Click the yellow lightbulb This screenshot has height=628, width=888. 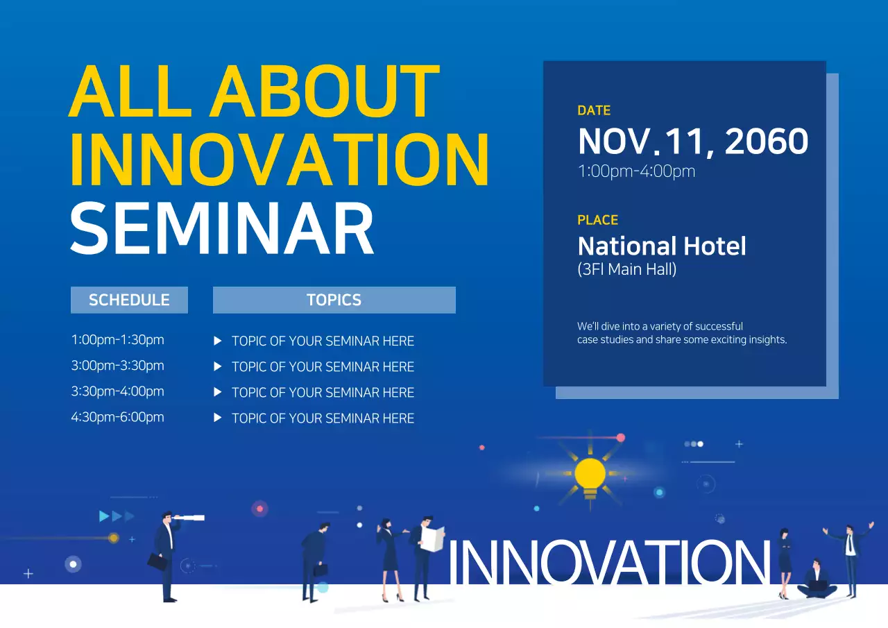click(590, 475)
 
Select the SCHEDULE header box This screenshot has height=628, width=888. click(129, 300)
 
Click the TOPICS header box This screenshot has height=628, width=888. click(334, 300)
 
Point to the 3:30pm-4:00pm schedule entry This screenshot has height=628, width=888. click(117, 391)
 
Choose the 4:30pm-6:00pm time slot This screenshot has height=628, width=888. click(117, 417)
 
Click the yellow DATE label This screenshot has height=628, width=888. click(594, 110)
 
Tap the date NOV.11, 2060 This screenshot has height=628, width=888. click(692, 142)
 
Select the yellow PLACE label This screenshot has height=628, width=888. click(597, 220)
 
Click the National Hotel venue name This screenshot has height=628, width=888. click(662, 246)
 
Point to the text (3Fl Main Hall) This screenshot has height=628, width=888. click(626, 269)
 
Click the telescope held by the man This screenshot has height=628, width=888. click(189, 518)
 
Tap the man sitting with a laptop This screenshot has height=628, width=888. click(817, 581)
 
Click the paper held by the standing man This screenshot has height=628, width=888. click(433, 538)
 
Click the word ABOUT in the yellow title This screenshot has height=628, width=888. click(325, 92)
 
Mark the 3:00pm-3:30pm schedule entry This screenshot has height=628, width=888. click(117, 366)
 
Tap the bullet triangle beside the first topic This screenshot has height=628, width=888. click(218, 341)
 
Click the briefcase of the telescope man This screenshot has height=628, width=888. click(157, 562)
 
